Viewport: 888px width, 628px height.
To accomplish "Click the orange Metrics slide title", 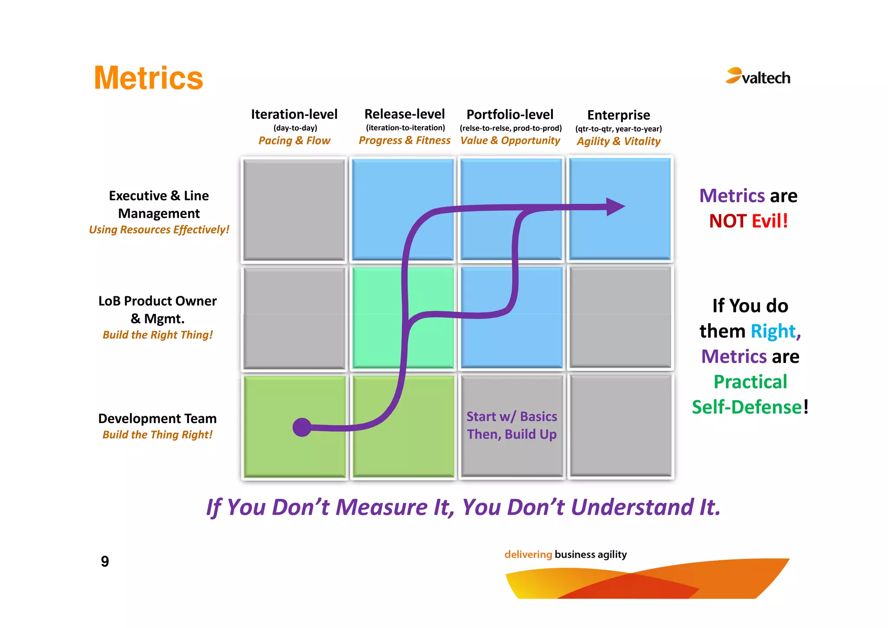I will coord(148,78).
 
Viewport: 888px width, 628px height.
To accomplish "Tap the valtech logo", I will coord(758,77).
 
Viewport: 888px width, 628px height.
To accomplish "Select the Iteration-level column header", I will coord(294,114).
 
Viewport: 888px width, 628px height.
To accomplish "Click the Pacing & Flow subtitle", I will coord(294,141).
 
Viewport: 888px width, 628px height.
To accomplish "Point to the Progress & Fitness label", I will coord(404,140).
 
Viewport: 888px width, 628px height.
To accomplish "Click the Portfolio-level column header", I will coord(510,115).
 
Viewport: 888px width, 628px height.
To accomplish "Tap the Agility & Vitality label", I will coord(618,141).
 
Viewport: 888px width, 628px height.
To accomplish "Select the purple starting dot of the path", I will coord(302,427).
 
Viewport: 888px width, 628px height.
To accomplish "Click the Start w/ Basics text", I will coord(512,416).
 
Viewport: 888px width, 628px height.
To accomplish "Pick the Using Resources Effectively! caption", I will coord(159,230).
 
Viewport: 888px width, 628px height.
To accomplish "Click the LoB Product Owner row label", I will coord(157,301).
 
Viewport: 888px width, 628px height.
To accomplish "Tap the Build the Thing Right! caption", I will coord(157,434).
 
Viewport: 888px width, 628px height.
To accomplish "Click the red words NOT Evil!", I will coord(748,221).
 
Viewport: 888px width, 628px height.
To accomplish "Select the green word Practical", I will coord(750,382).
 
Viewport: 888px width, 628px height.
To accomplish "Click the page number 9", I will coord(104,561).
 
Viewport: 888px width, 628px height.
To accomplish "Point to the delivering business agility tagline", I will coord(565,554).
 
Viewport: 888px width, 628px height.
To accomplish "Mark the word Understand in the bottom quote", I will coord(632,507).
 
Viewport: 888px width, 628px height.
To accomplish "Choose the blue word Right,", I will coord(775,331).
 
